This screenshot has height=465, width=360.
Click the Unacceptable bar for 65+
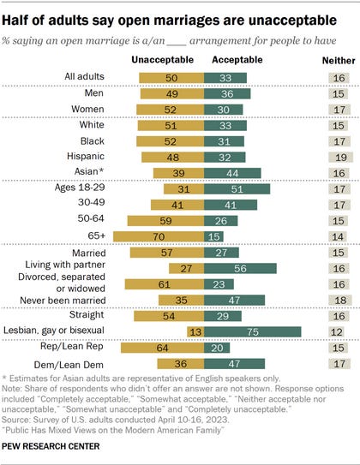159,236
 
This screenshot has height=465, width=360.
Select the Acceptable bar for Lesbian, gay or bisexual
253,332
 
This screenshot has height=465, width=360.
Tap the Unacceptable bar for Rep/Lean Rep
162,348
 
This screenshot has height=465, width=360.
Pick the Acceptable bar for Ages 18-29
237,189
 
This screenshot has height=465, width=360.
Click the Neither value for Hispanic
340,158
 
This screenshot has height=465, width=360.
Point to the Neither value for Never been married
340,300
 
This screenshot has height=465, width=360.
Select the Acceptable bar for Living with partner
240,268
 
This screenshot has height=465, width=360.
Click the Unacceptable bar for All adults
171,78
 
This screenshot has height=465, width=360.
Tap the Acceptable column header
237,60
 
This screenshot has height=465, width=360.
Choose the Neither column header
339,61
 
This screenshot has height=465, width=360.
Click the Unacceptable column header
162,60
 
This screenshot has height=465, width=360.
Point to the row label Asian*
89,171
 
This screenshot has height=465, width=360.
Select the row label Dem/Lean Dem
69,365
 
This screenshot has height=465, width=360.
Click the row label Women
87,109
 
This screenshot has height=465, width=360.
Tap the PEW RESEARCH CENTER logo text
51,446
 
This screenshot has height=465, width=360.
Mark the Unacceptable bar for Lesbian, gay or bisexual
195,332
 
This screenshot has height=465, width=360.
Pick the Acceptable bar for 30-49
231,205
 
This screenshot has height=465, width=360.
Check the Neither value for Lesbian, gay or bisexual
336,332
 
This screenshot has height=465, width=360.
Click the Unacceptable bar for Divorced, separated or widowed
165,284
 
